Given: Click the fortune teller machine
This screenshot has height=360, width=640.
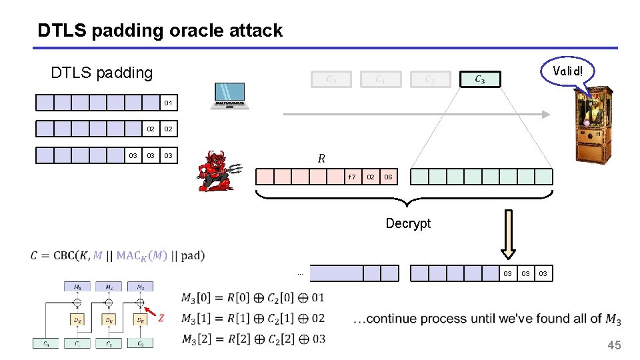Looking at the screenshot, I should [593, 125].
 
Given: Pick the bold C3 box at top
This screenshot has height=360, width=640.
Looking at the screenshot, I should [479, 79].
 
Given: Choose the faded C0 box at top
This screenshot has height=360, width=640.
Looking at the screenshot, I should [331, 79].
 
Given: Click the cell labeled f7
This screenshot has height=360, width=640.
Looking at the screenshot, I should [352, 177].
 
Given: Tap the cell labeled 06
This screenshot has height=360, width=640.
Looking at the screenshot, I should [388, 177].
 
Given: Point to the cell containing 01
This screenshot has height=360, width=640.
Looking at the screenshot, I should [169, 103].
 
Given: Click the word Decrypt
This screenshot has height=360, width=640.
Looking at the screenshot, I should [408, 223].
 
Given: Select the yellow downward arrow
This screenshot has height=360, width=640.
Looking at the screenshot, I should [509, 234].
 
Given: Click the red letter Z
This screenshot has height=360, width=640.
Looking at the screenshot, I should [161, 318].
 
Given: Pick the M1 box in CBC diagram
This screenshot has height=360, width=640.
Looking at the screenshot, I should [77, 287].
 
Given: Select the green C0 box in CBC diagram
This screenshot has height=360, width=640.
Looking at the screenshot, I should [46, 343].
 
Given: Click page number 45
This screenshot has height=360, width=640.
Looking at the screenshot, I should [613, 345].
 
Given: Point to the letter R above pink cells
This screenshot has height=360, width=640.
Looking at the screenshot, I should [321, 159].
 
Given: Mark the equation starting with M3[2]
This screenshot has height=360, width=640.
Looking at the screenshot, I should [253, 339].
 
